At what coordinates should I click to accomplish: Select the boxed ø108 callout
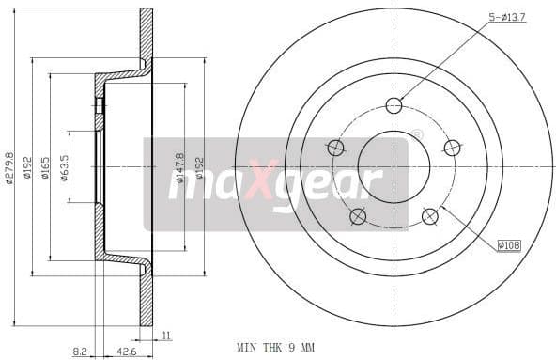(x=509, y=244)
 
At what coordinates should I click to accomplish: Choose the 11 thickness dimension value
(x=165, y=335)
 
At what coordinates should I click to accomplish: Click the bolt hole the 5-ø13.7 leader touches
(x=394, y=105)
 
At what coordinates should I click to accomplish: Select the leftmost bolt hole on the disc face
(x=334, y=148)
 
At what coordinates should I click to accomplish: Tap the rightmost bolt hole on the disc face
(x=453, y=148)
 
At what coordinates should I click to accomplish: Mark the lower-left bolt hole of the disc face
(x=357, y=217)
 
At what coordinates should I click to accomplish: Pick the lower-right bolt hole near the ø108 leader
(x=430, y=217)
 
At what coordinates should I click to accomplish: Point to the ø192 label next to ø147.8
(x=198, y=166)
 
